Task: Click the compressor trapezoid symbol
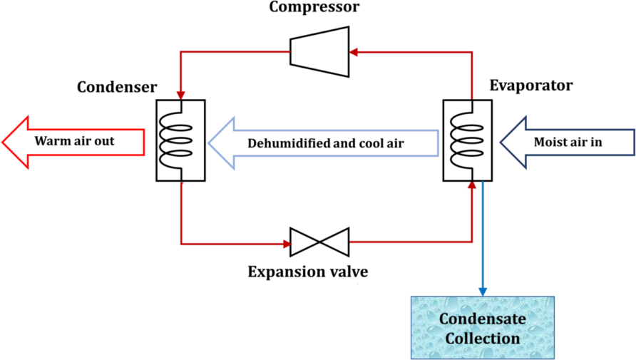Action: pos(319,51)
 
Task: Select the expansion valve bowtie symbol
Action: pos(319,242)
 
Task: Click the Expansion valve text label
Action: pos(308,272)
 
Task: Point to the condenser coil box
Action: pos(181,140)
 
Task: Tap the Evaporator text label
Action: pos(530,86)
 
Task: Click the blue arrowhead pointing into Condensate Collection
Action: pos(483,291)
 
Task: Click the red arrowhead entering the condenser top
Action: pos(181,95)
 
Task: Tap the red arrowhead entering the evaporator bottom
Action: pos(471,185)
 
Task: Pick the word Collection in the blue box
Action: pos(483,337)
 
